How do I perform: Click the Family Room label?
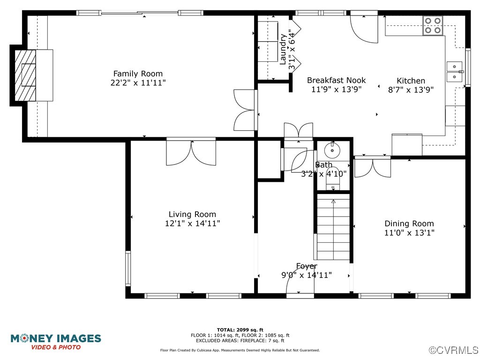point(138,74)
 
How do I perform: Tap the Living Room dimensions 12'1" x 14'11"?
point(192,224)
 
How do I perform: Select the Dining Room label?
point(409,224)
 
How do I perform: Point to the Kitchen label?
point(411,81)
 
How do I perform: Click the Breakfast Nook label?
point(336,80)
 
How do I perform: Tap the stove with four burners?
point(433,26)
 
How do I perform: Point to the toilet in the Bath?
point(332,179)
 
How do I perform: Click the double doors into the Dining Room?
point(372,168)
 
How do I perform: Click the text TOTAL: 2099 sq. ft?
point(240,330)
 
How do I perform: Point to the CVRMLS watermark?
point(454,350)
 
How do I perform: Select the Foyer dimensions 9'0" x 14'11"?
point(307,275)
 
